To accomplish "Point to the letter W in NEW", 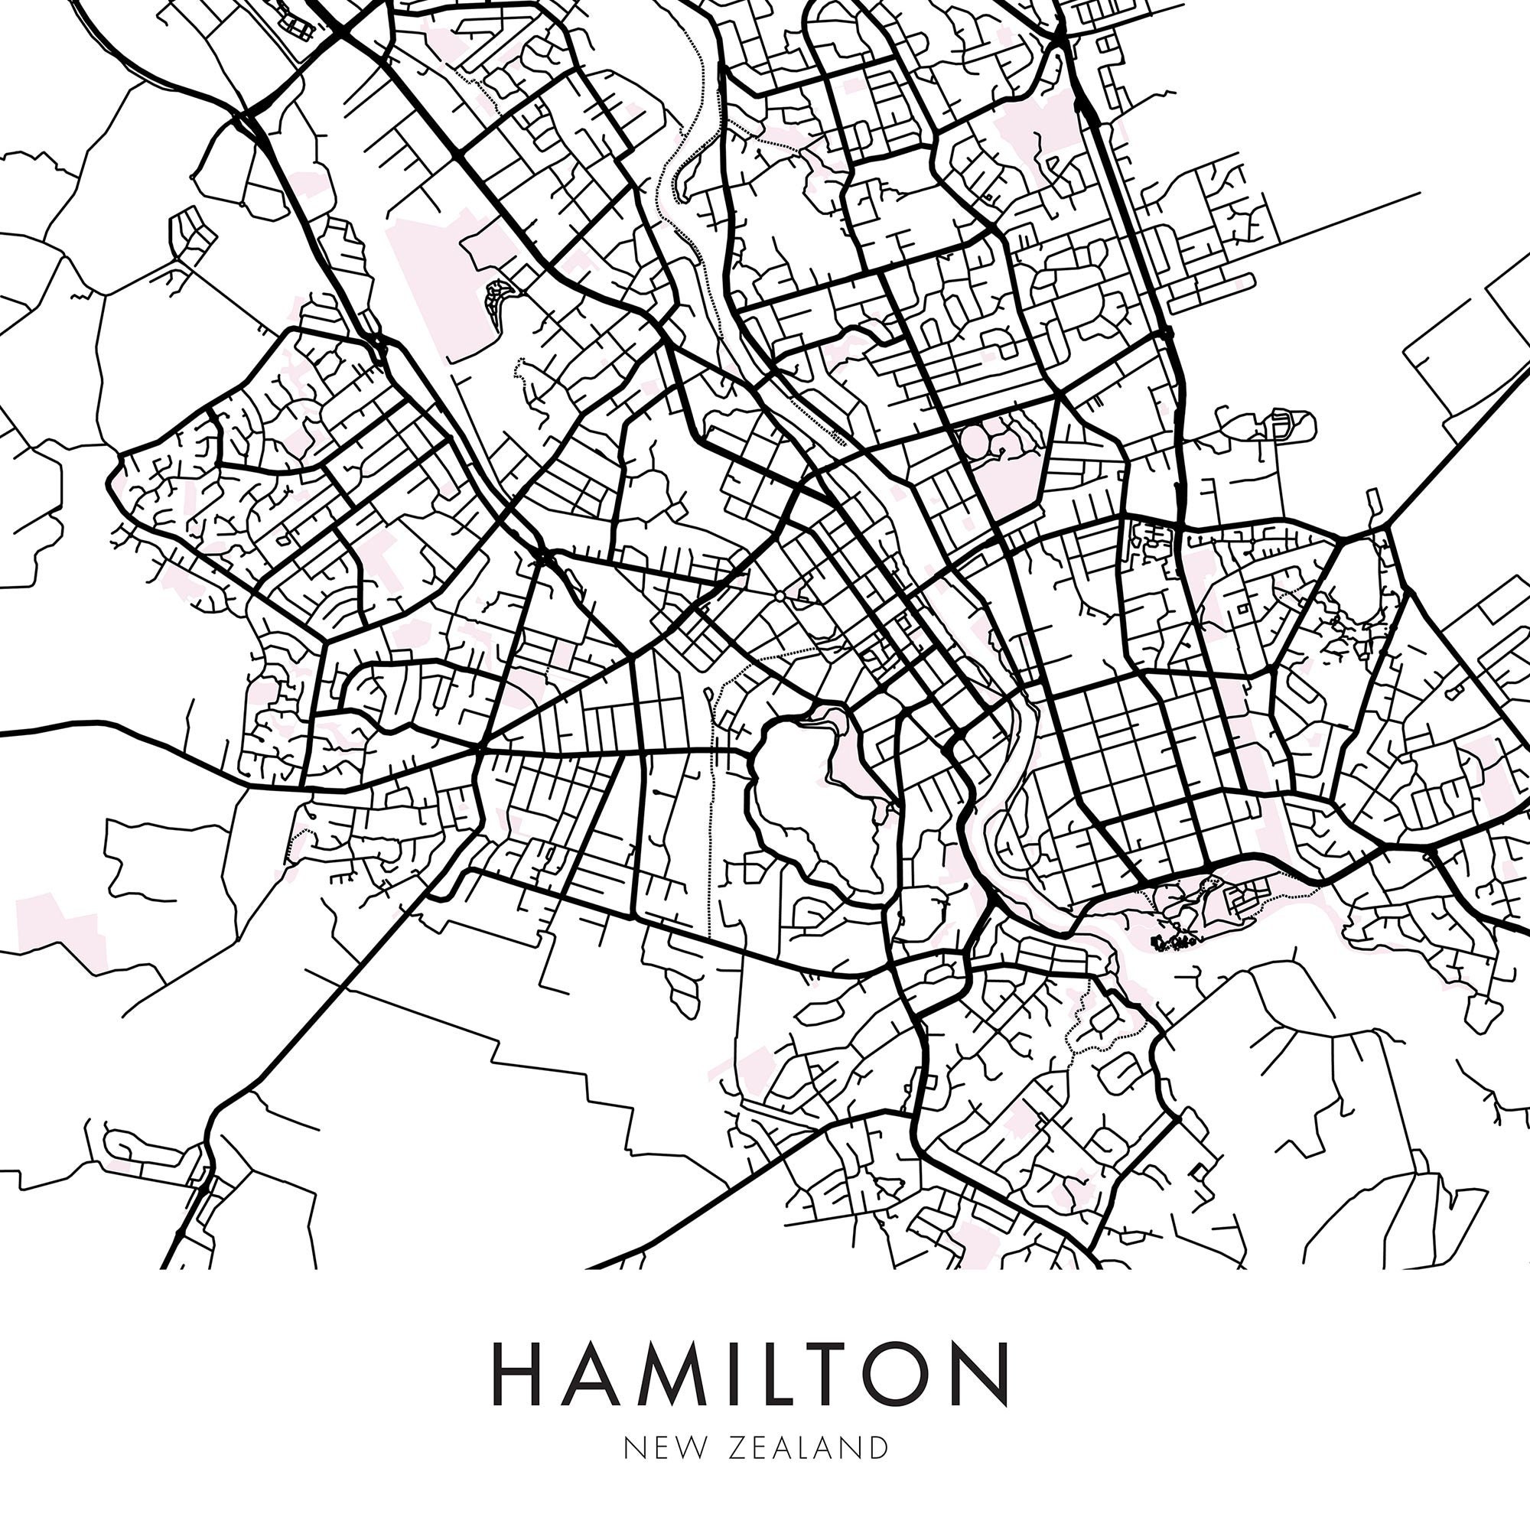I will click(682, 1447).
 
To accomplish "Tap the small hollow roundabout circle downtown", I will click(780, 594).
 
